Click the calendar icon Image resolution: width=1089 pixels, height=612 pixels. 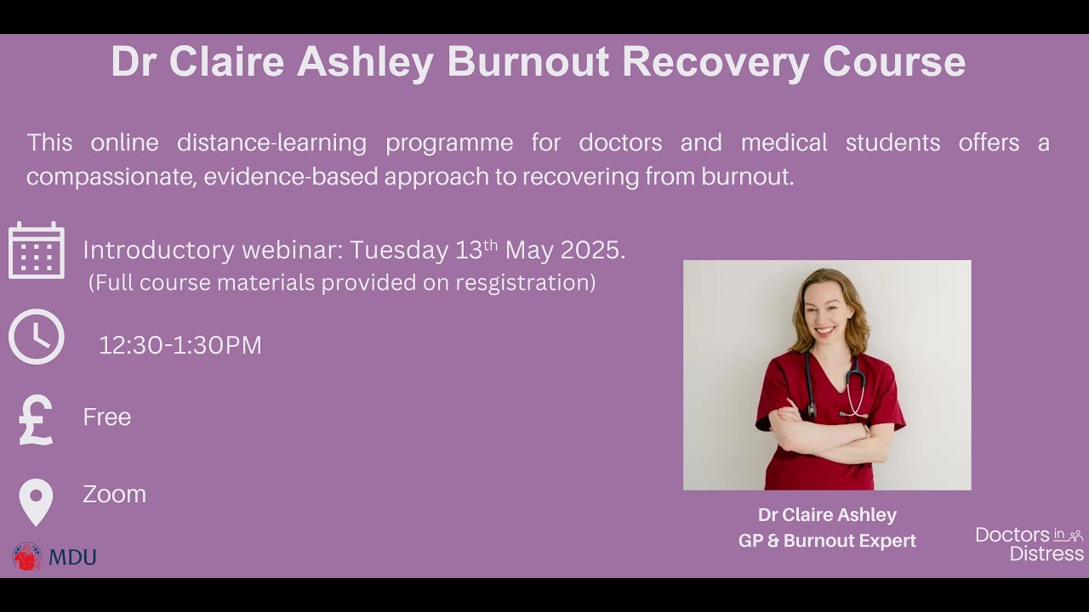point(37,251)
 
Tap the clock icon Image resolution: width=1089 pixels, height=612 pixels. point(37,337)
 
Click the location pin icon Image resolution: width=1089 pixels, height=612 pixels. point(36,501)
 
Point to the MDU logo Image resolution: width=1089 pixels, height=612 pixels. point(54,557)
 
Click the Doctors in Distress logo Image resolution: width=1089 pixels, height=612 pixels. point(1029,544)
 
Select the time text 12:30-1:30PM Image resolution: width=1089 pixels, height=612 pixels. point(180,345)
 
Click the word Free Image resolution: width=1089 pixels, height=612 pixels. point(106,417)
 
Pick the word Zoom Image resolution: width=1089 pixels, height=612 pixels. point(114,495)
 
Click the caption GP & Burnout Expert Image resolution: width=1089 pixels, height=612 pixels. point(827,541)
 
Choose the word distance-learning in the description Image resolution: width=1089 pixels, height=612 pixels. point(271,143)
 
